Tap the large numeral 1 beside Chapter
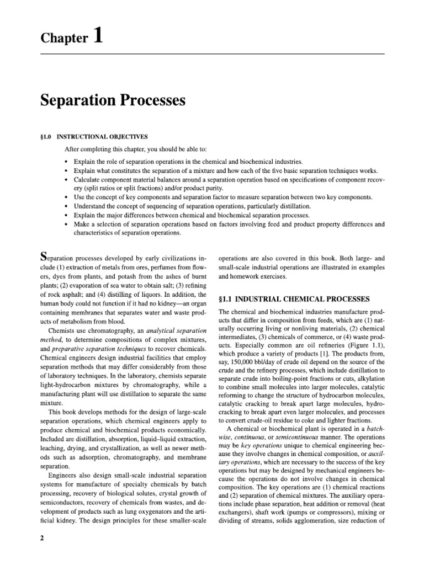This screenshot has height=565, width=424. (x=97, y=36)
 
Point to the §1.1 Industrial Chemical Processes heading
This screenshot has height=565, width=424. (x=294, y=299)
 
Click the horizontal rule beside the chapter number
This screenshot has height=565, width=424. (x=248, y=54)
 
